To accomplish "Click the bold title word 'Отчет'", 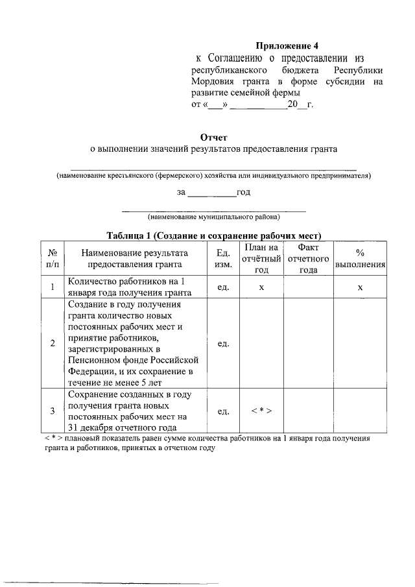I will click(x=214, y=137).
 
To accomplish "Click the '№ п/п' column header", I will click(x=52, y=258).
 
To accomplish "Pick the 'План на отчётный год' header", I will click(x=261, y=258).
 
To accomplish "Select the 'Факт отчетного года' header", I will click(x=308, y=258).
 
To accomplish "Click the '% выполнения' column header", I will click(x=360, y=258).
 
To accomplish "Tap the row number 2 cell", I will click(x=52, y=343).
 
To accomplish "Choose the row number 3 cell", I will click(x=52, y=411).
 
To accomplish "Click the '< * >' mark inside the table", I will click(x=261, y=411).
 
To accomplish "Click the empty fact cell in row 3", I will click(x=308, y=411).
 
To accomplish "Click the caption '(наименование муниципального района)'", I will click(x=213, y=217).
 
